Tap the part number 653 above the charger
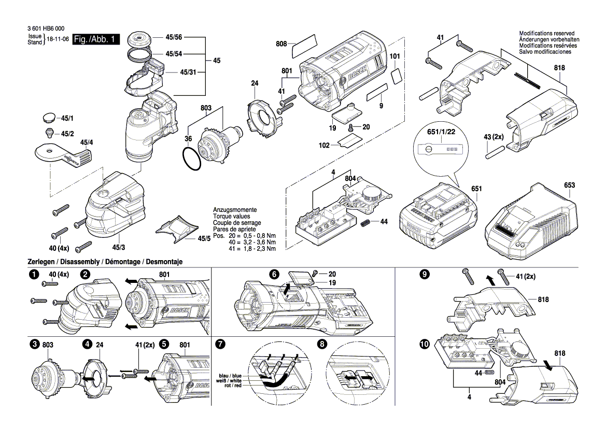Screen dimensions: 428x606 click(569, 185)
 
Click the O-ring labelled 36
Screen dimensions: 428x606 click(192, 158)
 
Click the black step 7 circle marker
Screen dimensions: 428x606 click(220, 344)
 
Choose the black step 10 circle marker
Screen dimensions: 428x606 click(425, 344)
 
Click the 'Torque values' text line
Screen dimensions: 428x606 click(231, 216)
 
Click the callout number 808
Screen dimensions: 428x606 click(281, 44)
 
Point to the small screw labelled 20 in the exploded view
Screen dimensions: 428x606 click(351, 127)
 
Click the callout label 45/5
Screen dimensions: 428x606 click(204, 238)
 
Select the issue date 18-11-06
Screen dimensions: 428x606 click(58, 40)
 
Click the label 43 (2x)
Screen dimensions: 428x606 click(494, 136)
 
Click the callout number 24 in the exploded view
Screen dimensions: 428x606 click(255, 83)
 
